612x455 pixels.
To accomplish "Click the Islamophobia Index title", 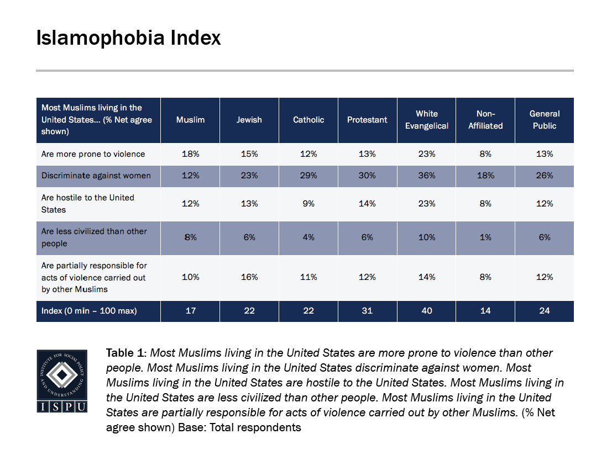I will (128, 38).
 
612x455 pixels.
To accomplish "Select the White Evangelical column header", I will (426, 120).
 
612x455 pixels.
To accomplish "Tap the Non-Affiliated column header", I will (485, 120).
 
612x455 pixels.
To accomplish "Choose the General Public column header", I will (545, 120).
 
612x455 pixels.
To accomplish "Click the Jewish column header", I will (249, 120).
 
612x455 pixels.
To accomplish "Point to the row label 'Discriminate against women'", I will (96, 176).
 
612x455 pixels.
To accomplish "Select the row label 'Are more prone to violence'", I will (93, 154).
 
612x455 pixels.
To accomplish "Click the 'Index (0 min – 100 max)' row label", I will (89, 311).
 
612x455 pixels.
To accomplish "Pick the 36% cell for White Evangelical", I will (426, 176).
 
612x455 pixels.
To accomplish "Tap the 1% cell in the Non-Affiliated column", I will (485, 237).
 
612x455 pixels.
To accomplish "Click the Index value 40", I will (426, 311).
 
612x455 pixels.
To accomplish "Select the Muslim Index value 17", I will (190, 311).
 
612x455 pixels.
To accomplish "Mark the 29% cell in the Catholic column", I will (308, 176).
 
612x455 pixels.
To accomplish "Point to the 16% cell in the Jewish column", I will (249, 277).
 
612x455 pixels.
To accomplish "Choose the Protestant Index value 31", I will (367, 311).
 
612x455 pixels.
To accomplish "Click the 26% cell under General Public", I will (545, 176).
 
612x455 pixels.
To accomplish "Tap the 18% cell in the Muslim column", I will (190, 154).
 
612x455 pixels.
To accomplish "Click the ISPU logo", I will (62, 380).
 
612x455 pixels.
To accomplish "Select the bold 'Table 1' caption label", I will (127, 353).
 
